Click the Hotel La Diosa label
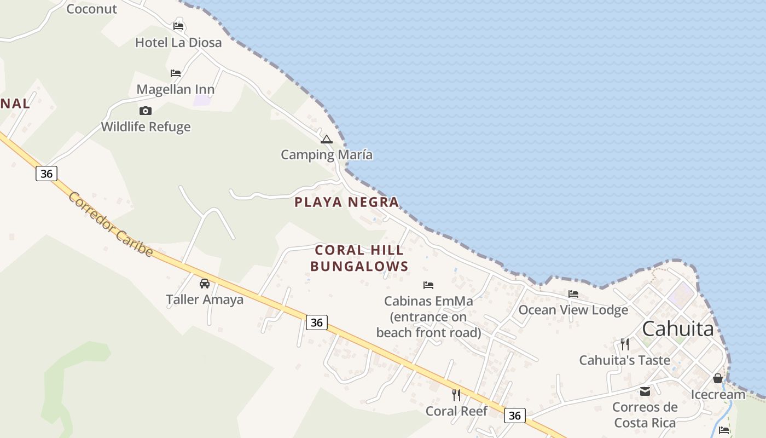(x=178, y=43)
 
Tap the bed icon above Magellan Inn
(x=176, y=73)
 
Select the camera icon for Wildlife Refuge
(x=146, y=111)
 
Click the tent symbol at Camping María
(x=327, y=139)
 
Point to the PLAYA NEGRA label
(x=347, y=202)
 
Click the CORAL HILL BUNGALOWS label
(x=359, y=258)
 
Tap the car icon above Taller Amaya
(x=205, y=283)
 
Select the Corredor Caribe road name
(x=110, y=224)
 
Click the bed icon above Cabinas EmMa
(x=428, y=285)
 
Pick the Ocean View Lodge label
(x=573, y=310)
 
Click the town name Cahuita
(x=678, y=329)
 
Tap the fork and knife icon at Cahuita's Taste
(x=625, y=344)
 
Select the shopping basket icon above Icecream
(x=718, y=378)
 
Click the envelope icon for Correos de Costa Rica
(x=645, y=391)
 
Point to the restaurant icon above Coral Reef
(x=456, y=395)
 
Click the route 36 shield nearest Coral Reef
(x=514, y=416)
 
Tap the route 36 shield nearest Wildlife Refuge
(x=47, y=174)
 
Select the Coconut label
(x=91, y=9)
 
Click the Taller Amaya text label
(x=205, y=299)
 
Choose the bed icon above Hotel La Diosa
(x=178, y=26)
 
